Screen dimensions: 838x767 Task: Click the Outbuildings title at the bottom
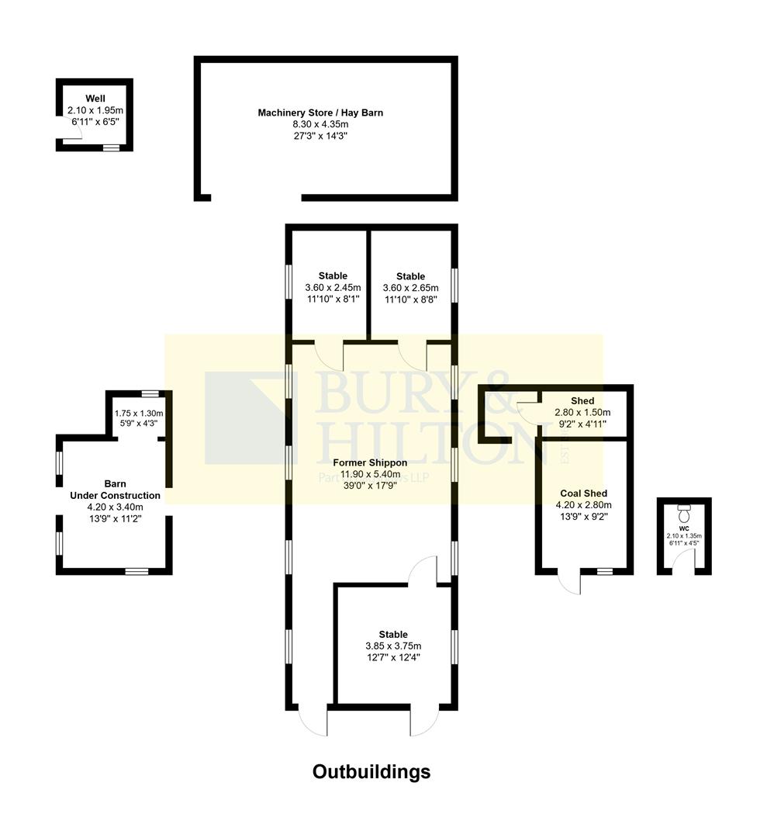coord(371,772)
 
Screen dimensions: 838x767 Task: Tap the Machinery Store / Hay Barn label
coord(320,113)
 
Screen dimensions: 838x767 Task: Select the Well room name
coord(95,99)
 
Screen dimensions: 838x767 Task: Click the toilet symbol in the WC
coord(684,514)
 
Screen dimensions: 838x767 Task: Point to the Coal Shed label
coord(583,493)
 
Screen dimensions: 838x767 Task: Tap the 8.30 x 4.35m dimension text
coord(320,124)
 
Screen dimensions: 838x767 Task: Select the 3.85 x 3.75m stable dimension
coord(393,646)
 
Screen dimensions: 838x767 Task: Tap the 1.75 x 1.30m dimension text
coord(140,414)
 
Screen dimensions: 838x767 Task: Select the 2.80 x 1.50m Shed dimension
coord(582,412)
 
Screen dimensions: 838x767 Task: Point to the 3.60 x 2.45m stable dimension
coord(333,287)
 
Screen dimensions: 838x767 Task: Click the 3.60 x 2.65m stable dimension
coord(410,288)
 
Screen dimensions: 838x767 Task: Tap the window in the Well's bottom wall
coord(111,147)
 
